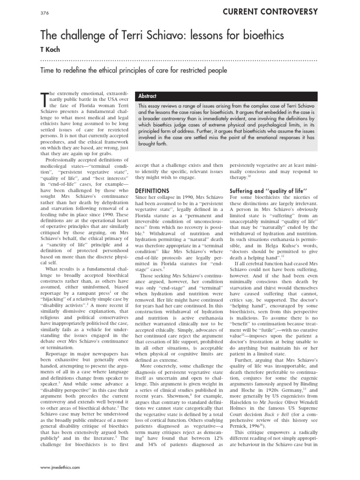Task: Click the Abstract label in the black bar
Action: (149, 96)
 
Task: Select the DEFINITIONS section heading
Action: (152, 191)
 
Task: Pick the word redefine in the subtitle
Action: (79, 71)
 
